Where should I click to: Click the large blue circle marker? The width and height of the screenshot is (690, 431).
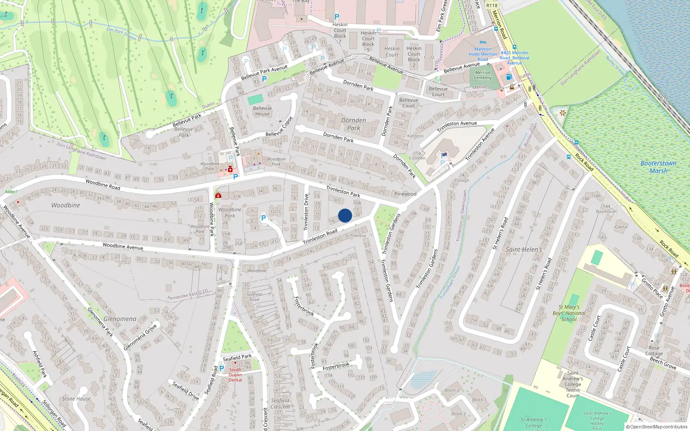click(345, 215)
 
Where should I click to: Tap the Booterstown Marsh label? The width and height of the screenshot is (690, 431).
click(659, 167)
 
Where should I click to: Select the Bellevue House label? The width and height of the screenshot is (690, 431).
click(262, 111)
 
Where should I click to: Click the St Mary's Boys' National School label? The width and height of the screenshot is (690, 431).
click(569, 313)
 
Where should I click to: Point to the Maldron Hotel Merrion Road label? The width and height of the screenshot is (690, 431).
click(483, 54)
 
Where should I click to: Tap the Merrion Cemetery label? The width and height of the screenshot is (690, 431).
click(483, 75)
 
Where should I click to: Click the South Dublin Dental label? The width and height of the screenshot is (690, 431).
click(235, 375)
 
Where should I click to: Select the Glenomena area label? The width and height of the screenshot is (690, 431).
click(120, 319)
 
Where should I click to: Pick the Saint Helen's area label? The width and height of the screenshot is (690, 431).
click(524, 250)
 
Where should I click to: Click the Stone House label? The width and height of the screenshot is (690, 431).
click(76, 399)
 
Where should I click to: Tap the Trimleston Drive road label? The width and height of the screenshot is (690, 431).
click(306, 212)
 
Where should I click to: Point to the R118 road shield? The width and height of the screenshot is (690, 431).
click(492, 6)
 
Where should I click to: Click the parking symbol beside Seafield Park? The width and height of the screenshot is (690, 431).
click(222, 369)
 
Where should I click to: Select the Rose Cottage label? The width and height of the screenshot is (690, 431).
click(654, 351)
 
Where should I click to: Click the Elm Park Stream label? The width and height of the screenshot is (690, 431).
click(122, 34)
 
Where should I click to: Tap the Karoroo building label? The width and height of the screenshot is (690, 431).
click(415, 136)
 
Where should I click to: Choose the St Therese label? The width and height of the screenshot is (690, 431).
click(355, 236)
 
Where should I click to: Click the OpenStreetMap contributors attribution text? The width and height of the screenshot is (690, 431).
click(657, 427)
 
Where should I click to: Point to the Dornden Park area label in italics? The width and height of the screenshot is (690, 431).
click(354, 124)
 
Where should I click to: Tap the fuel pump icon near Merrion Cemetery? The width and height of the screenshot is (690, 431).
click(509, 77)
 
